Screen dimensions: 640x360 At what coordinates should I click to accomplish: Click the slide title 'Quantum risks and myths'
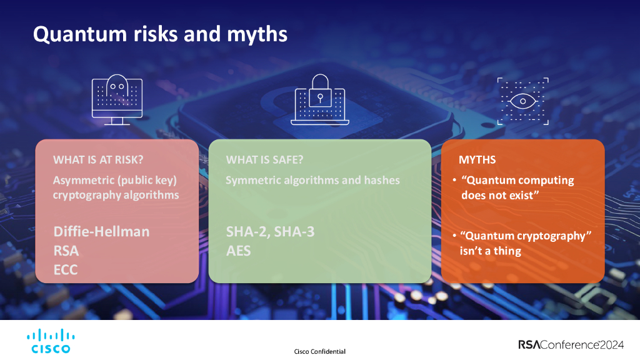160,34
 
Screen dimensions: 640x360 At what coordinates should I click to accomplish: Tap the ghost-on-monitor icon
117,99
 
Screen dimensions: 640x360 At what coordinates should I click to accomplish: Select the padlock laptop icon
320,99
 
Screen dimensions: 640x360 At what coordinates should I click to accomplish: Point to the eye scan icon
523,101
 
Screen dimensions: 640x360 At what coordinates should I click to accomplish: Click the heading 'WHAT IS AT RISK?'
98,159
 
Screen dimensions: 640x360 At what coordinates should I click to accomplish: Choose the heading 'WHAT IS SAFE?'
264,159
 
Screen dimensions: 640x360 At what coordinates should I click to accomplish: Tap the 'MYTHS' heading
477,159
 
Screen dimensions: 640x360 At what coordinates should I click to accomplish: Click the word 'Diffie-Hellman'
102,232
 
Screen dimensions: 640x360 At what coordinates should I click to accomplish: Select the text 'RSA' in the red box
66,251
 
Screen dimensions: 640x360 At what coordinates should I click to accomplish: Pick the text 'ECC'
66,270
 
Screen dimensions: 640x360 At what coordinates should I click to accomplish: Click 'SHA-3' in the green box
294,232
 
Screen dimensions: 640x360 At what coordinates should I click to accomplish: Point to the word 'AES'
238,251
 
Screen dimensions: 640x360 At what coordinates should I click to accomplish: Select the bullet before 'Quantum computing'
455,180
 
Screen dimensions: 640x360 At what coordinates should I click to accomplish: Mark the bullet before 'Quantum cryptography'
455,236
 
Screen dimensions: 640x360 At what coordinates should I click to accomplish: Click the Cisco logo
51,341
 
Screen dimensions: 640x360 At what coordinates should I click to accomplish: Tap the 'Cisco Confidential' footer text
319,351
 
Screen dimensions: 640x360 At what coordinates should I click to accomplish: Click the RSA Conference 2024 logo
571,345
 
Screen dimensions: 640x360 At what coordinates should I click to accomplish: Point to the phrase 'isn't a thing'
491,251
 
